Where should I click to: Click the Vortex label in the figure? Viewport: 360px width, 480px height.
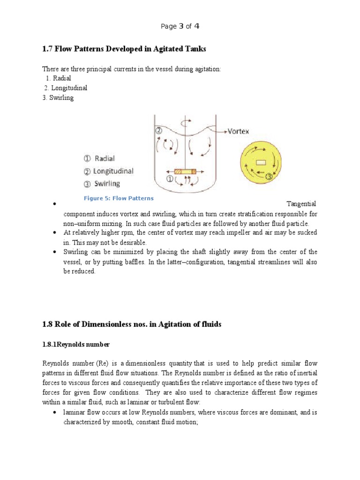coord(238,132)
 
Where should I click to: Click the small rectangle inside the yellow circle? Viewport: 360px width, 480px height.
coord(261,162)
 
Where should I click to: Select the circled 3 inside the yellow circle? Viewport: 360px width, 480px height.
coord(269,177)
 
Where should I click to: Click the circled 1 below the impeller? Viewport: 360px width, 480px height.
coord(170,179)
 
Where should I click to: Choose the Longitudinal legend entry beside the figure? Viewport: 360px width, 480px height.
coord(108,171)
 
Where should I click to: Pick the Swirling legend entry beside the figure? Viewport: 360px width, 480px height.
coord(102,184)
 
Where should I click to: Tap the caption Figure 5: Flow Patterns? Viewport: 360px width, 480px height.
coord(119,198)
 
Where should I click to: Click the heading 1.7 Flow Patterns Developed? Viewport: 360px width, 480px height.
coord(124,49)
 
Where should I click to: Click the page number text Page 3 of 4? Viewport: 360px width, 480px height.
coord(180,26)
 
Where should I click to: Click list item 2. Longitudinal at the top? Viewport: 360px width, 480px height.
coord(66,88)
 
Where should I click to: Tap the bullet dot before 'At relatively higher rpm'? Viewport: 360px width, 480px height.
coord(55,233)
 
